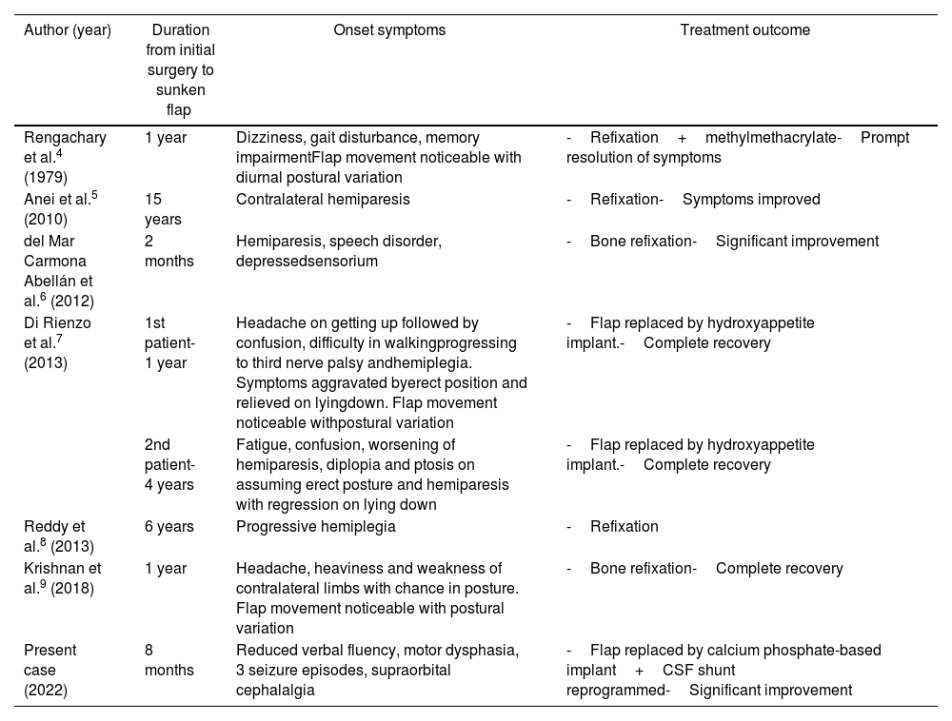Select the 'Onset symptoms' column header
[388, 30]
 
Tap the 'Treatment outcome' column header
[744, 30]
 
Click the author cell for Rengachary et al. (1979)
[65, 157]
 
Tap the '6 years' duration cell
[169, 527]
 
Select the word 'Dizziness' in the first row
[266, 138]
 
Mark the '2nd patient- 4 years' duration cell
[169, 465]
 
